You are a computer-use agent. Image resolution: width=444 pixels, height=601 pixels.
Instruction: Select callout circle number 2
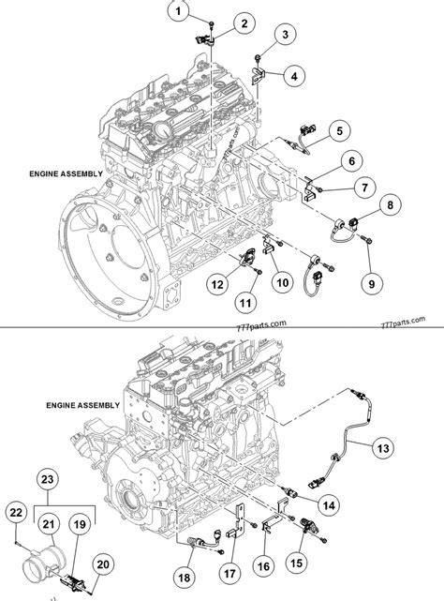pyautogui.click(x=244, y=23)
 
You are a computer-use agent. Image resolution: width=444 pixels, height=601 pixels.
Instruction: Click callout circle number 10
pyautogui.click(x=281, y=280)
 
